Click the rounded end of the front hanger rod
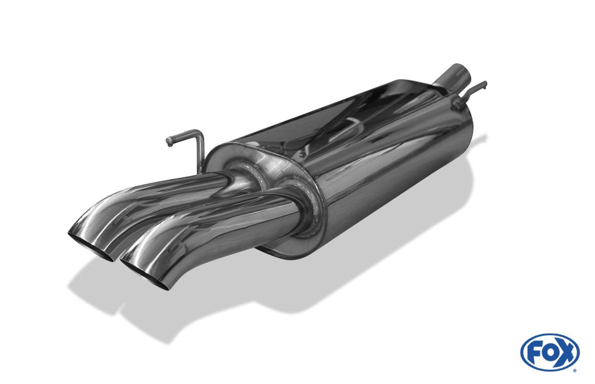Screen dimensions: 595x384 [x=169, y=142]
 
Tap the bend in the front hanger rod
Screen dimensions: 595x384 [x=199, y=134]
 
